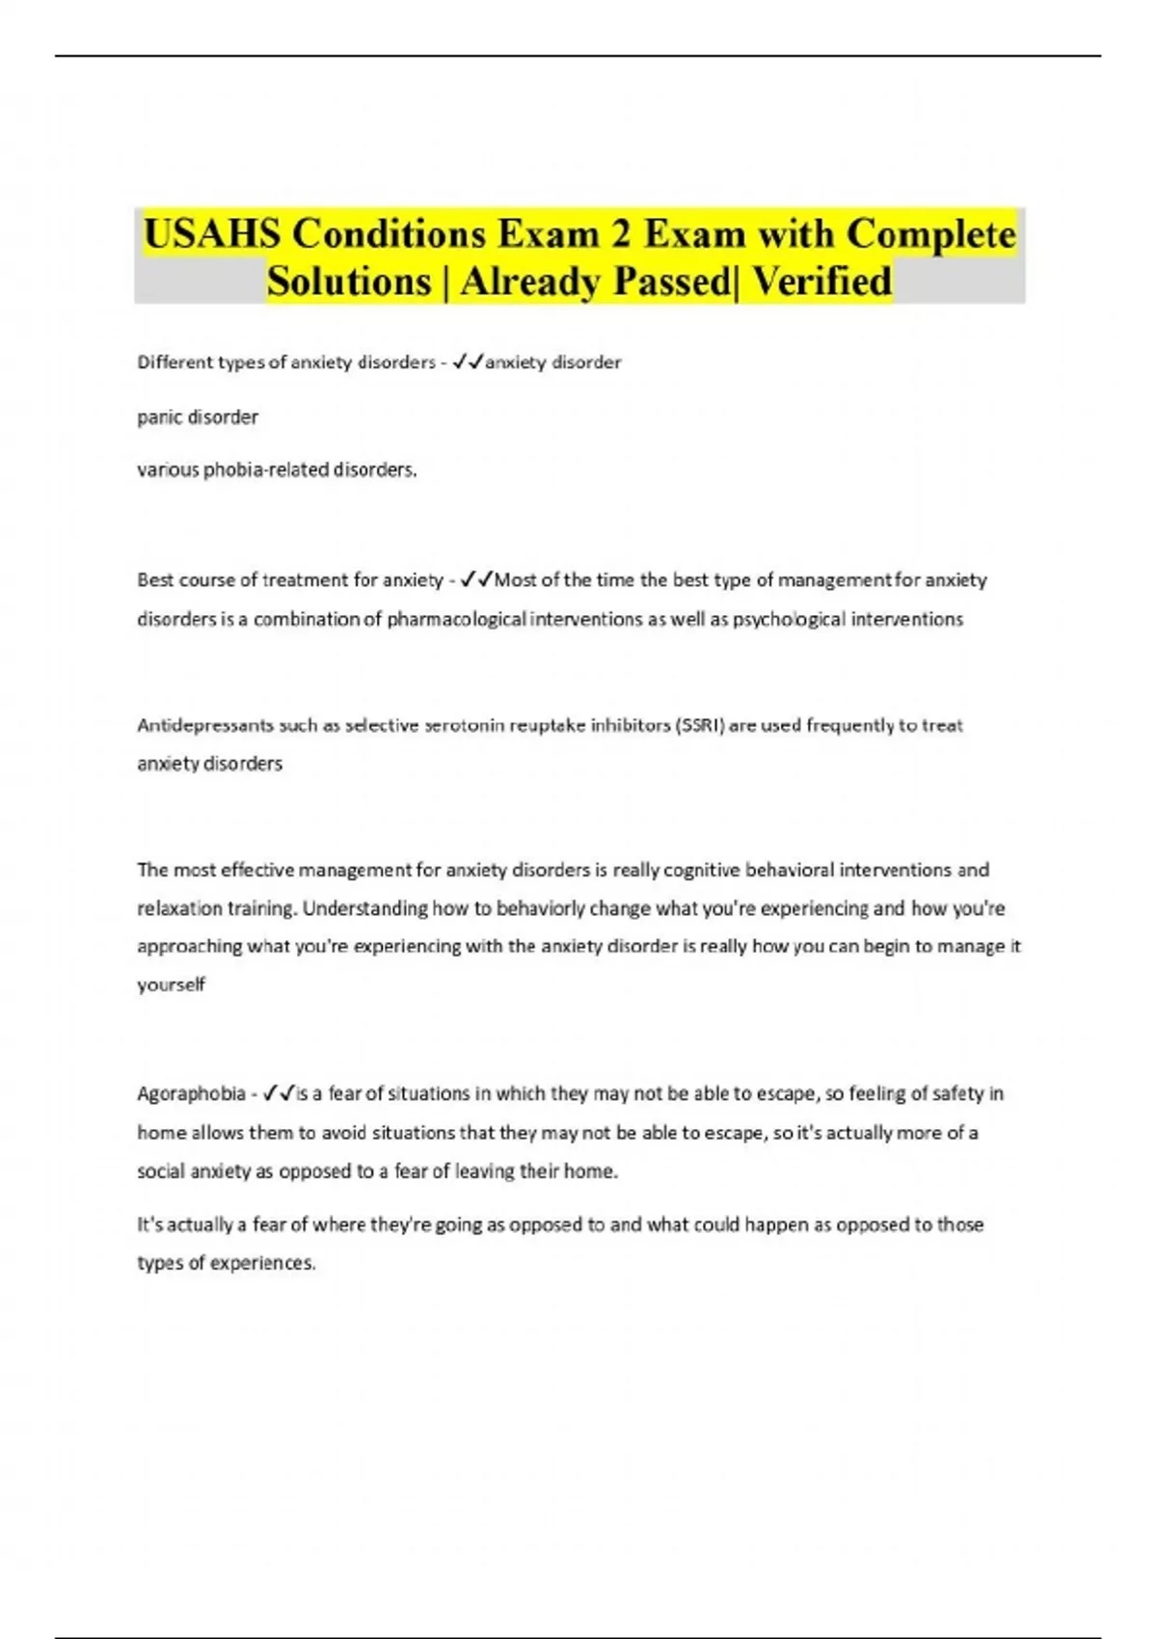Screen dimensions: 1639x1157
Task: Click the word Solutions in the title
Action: point(349,282)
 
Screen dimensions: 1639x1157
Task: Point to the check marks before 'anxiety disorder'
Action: point(468,363)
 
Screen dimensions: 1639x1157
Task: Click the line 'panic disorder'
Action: point(198,417)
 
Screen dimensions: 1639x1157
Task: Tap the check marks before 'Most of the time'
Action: point(476,579)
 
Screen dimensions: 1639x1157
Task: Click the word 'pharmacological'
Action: point(457,619)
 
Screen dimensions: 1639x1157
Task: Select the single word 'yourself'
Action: point(171,984)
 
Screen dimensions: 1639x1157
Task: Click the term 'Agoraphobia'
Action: point(191,1094)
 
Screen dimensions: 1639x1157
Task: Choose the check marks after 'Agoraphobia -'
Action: point(279,1094)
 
